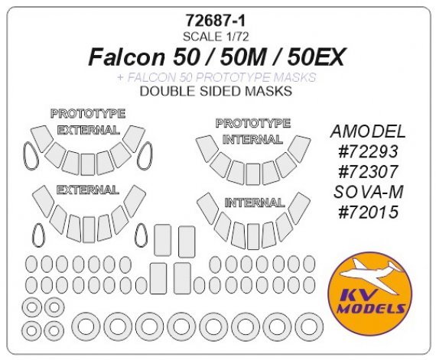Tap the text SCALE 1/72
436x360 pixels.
coord(218,36)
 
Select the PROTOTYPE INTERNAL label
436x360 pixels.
coord(253,131)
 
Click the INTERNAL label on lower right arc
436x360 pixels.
coord(254,203)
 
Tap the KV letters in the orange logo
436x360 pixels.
coord(369,294)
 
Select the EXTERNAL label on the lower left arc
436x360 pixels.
coord(87,189)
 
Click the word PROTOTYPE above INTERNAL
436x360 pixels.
coord(253,122)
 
